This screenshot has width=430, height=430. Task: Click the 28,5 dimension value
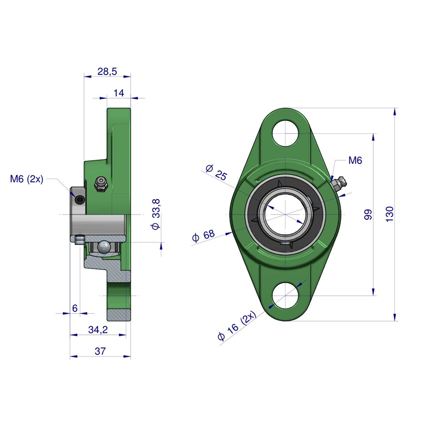(x=107, y=71)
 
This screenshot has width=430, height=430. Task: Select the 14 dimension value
(x=119, y=93)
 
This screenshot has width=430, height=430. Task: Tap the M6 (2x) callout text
(x=26, y=179)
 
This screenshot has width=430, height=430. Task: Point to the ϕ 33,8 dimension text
(x=155, y=214)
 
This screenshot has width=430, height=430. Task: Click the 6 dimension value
(x=75, y=308)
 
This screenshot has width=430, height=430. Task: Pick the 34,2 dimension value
(x=98, y=329)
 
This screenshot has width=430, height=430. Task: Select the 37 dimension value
(x=100, y=351)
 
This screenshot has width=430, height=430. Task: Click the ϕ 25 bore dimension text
(x=217, y=172)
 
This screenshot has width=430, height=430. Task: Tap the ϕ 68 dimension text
(x=204, y=236)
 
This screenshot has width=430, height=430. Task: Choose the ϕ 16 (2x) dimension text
(x=236, y=326)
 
